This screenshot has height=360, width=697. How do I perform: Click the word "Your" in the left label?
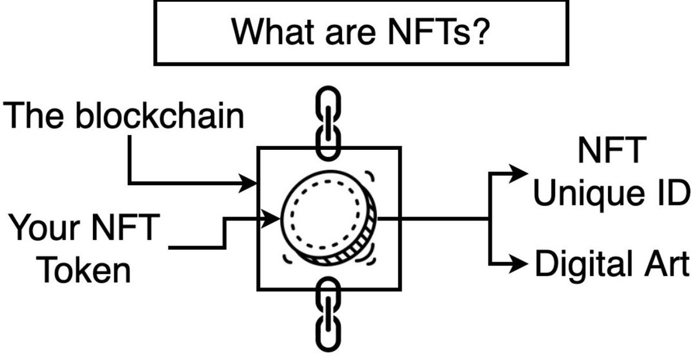point(44,228)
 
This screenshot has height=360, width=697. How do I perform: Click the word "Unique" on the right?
point(587,193)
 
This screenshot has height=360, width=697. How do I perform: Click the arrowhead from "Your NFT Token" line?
point(273,219)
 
